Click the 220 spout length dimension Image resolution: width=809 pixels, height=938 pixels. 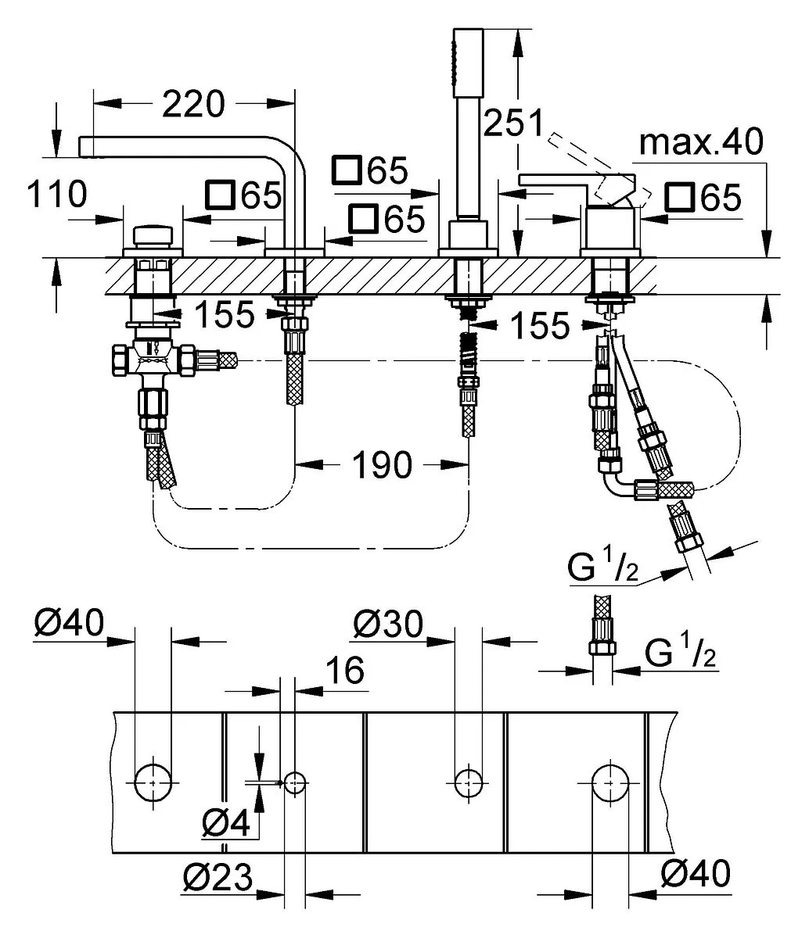coord(193,104)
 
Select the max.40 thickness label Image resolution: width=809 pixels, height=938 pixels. coord(701,141)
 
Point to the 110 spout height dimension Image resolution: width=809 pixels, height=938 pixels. coord(57,194)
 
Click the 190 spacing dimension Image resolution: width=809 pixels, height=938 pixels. coord(382,464)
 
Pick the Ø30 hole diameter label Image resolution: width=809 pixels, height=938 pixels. coord(388,624)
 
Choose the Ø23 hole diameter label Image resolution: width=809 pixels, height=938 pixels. coord(218,877)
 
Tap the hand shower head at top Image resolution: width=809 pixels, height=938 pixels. coord(468,63)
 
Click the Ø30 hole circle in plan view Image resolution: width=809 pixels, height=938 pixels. coord(469,783)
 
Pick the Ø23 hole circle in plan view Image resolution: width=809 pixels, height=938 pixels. coord(294,783)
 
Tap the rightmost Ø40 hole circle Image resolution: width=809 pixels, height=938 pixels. coord(611,783)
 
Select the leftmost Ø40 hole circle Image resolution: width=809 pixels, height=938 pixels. coord(153,783)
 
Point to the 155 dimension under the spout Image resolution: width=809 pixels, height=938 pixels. coord(225,314)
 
